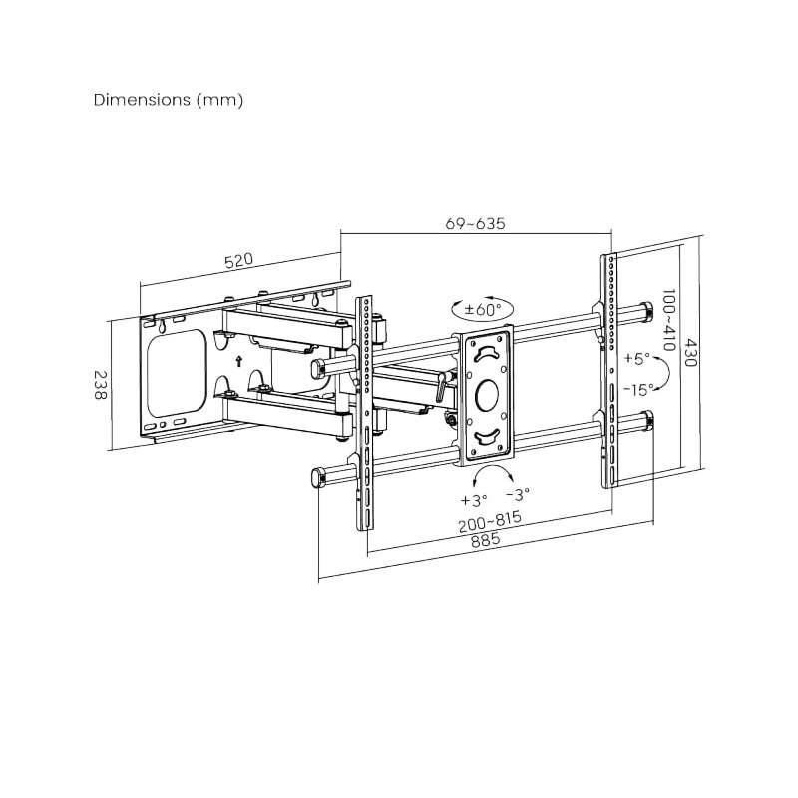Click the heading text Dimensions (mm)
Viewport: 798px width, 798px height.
pyautogui.click(x=168, y=100)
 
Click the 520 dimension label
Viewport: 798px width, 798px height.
pyautogui.click(x=238, y=261)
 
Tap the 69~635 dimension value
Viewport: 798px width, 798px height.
pyautogui.click(x=475, y=223)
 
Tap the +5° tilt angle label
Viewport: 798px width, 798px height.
pyautogui.click(x=635, y=357)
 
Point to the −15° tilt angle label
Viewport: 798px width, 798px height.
pyautogui.click(x=638, y=389)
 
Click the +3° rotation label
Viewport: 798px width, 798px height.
pyautogui.click(x=473, y=499)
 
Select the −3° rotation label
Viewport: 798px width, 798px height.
pyautogui.click(x=518, y=493)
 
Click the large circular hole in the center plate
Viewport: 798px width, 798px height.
pyautogui.click(x=488, y=392)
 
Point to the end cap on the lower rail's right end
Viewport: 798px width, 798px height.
pyautogui.click(x=648, y=419)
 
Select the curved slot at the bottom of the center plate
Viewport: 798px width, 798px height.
pyautogui.click(x=486, y=434)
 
